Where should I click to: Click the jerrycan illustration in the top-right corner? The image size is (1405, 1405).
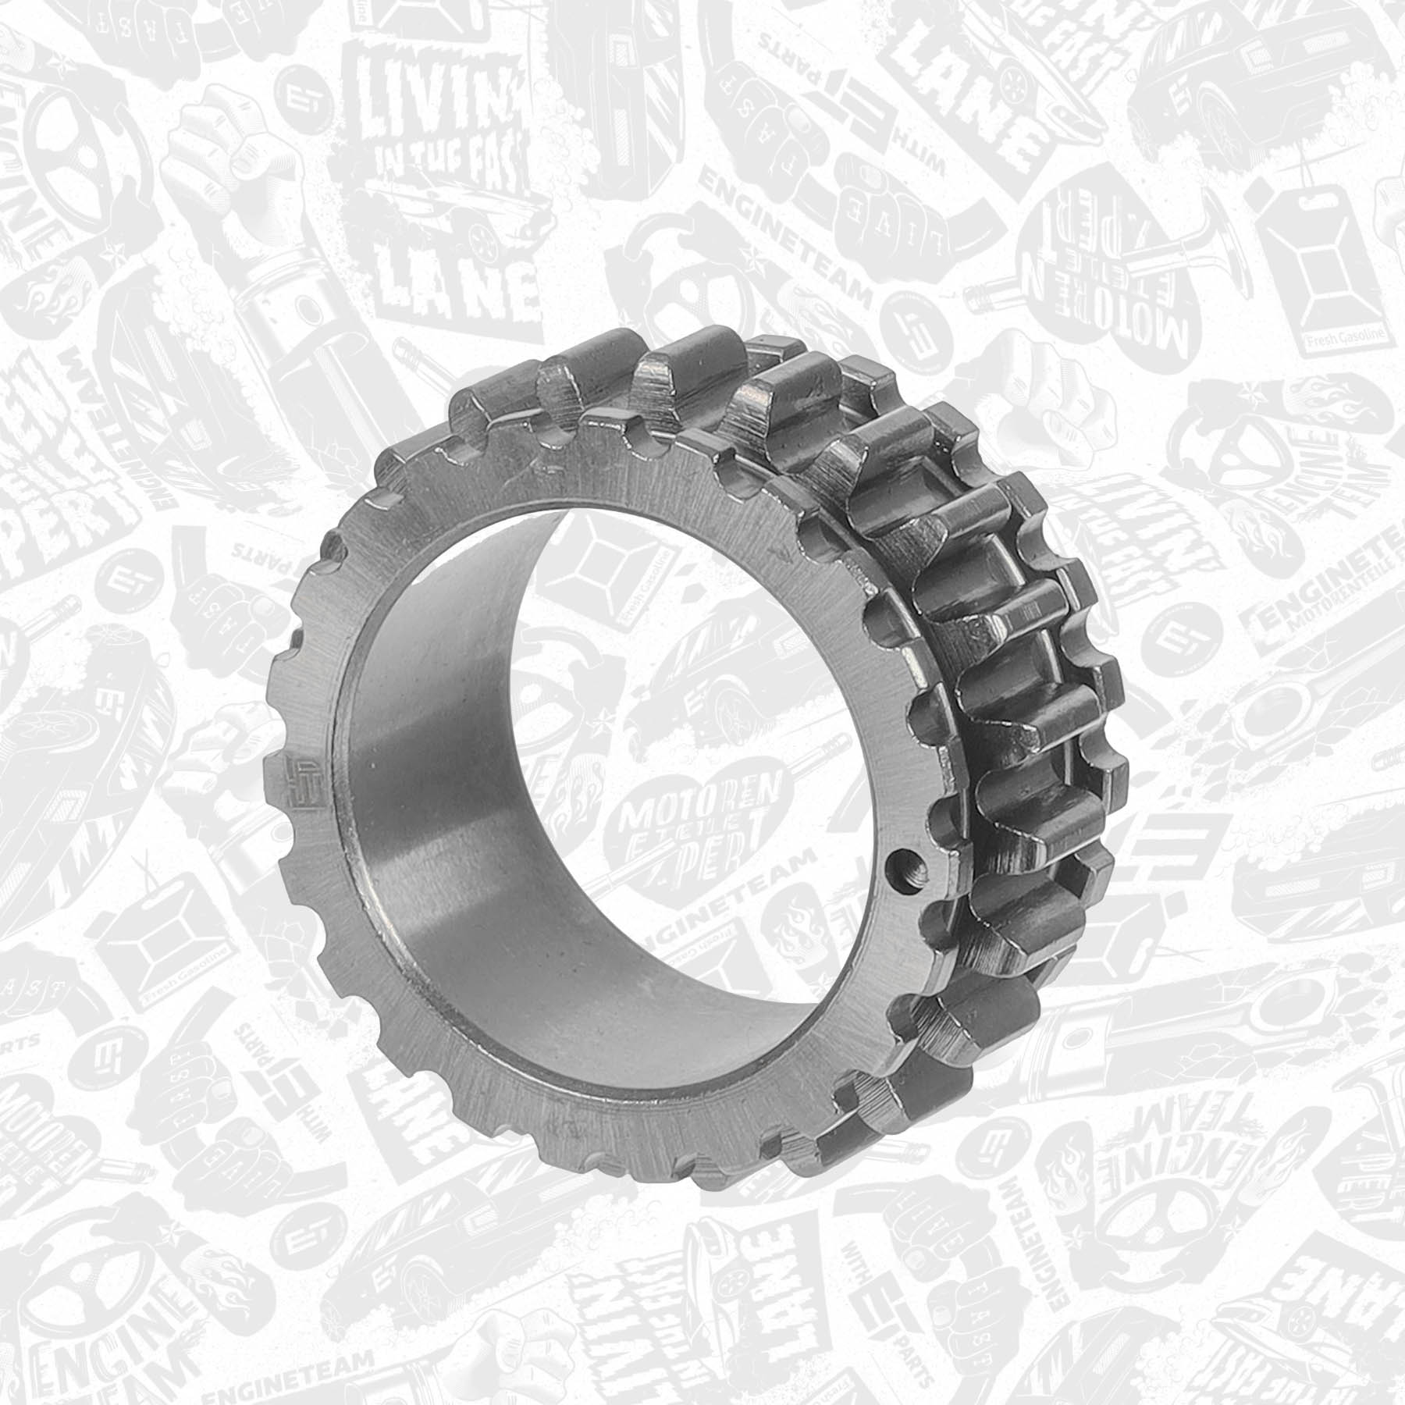tap(1327, 265)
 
